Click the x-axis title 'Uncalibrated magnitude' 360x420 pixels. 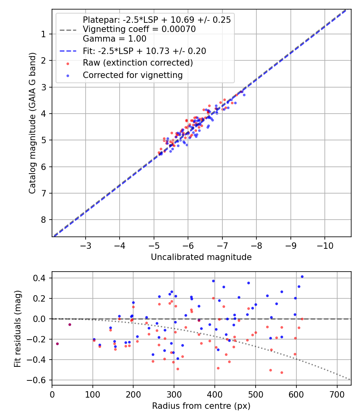click(x=201, y=257)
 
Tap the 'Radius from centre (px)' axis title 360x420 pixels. click(x=201, y=406)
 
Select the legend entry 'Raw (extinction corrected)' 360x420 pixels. click(x=138, y=63)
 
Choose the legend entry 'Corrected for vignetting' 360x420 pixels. click(x=132, y=75)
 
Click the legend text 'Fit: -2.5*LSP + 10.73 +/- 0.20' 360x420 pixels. click(x=144, y=51)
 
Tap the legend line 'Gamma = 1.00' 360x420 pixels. click(x=114, y=39)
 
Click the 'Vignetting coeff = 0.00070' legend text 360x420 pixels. click(x=139, y=29)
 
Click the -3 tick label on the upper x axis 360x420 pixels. click(x=86, y=244)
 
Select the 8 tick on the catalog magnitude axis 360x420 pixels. click(x=44, y=220)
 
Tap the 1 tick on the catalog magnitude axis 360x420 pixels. click(x=44, y=34)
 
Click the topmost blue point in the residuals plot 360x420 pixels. click(x=302, y=276)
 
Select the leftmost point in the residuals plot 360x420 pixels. click(x=57, y=344)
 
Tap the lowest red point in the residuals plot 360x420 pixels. click(x=282, y=372)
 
